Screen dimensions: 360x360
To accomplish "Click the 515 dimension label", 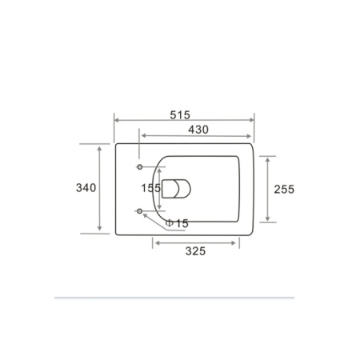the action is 180,115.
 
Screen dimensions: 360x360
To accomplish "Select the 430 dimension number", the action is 198,130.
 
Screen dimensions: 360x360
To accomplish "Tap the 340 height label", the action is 86,188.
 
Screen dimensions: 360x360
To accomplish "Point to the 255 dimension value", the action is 284,189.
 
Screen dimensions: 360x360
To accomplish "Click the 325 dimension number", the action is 195,251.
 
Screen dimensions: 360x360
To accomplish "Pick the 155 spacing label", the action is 151,188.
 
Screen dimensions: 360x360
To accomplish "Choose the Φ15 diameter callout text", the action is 177,223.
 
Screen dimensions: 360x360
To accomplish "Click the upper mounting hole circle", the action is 139,167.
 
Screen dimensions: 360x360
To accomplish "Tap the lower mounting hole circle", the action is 139,211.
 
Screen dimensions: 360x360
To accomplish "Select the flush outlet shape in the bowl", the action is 176,189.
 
